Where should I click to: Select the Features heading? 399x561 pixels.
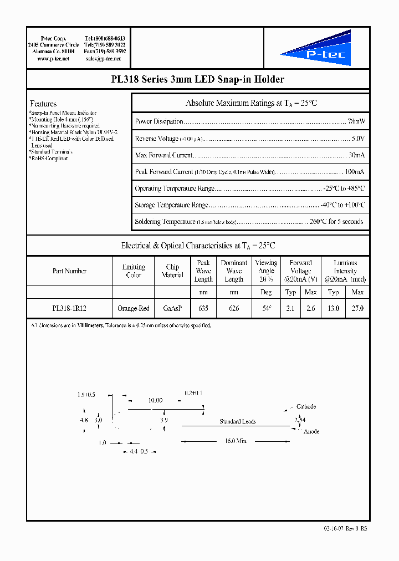click(x=43, y=104)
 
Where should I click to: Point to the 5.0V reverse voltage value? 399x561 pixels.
click(x=358, y=138)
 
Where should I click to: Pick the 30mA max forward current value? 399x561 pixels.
click(x=356, y=155)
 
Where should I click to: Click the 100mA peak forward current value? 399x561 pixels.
click(x=354, y=172)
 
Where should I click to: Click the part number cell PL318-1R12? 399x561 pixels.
click(x=69, y=308)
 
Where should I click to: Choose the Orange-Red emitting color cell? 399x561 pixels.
click(x=134, y=308)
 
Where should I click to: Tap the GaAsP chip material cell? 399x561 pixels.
click(x=172, y=308)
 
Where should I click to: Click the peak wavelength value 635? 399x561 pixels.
click(x=203, y=308)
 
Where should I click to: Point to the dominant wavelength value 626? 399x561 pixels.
click(x=234, y=308)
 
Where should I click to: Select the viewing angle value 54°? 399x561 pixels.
click(x=266, y=308)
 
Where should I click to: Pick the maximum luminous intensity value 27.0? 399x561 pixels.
click(x=358, y=308)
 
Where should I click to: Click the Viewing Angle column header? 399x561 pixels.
click(x=266, y=271)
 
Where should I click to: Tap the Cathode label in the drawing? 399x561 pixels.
click(x=306, y=406)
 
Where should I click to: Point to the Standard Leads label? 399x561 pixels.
click(x=237, y=422)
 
